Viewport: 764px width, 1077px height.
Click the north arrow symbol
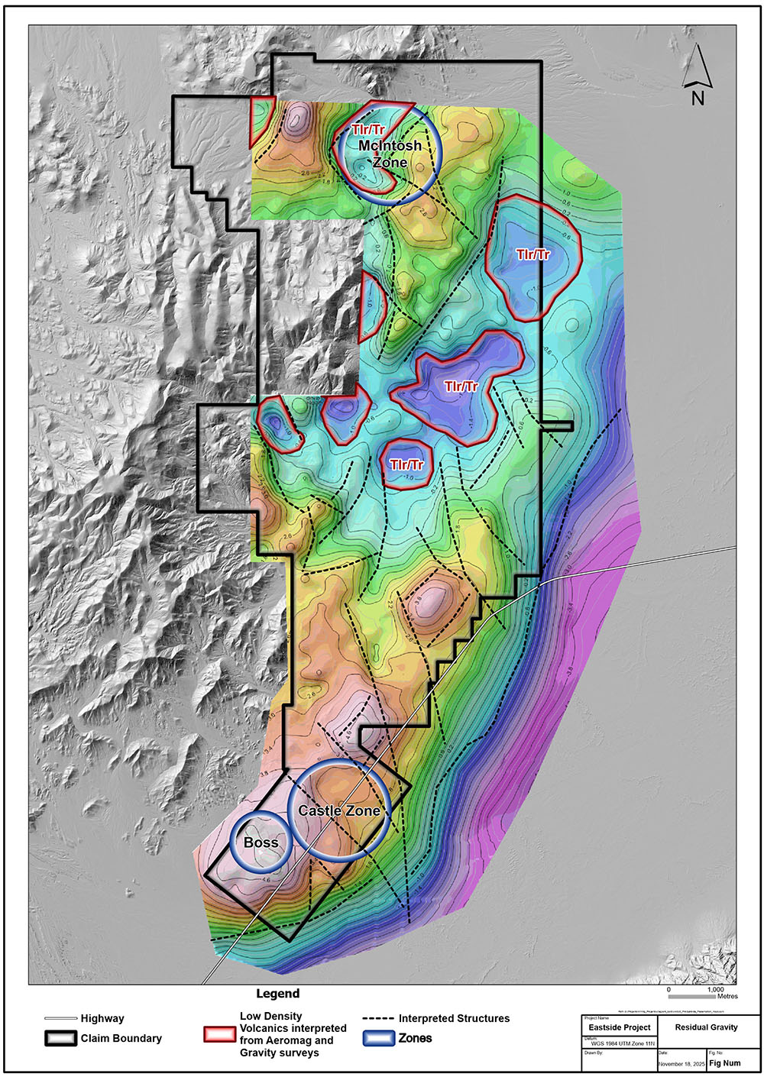tap(697, 66)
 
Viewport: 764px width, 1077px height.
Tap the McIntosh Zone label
tap(390, 154)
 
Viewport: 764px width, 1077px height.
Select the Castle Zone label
tap(339, 810)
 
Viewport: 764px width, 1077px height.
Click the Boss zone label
tap(261, 843)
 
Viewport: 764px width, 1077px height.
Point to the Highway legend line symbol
tap(60, 1018)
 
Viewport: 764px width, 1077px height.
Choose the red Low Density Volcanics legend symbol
tap(219, 1034)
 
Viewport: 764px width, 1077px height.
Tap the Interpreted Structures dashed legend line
tap(377, 1019)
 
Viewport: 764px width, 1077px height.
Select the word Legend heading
tap(277, 994)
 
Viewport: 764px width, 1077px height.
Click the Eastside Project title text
tap(620, 1027)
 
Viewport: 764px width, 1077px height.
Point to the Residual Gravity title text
tap(706, 1027)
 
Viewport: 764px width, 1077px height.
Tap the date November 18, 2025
tap(681, 1063)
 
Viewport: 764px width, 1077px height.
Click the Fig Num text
tap(725, 1063)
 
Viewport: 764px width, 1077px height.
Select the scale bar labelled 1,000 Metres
tap(692, 997)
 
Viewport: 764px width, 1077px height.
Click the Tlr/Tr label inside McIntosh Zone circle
tap(368, 129)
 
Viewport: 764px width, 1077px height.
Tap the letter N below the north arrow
tap(698, 99)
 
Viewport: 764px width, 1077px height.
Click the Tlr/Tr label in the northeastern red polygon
tap(533, 254)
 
